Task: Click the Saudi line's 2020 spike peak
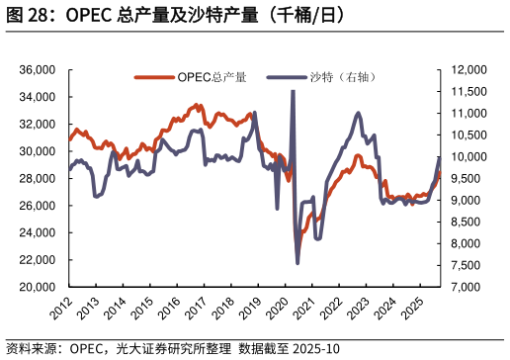point(293,91)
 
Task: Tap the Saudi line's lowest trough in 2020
point(298,263)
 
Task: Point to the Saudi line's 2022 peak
point(358,114)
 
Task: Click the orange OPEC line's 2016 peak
point(199,104)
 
